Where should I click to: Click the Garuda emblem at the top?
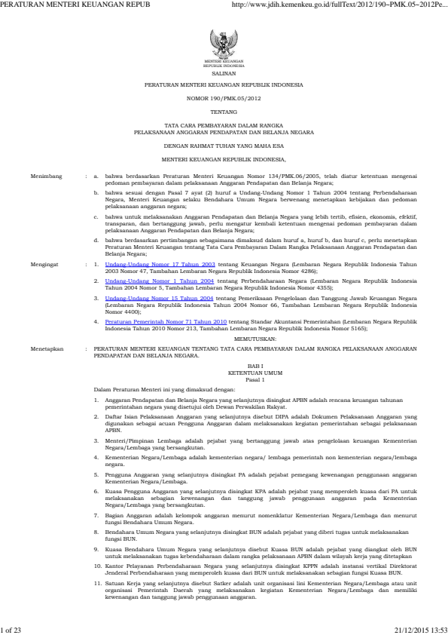pyautogui.click(x=224, y=42)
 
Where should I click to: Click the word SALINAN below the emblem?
pyautogui.click(x=224, y=75)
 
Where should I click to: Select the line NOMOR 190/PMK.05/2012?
pyautogui.click(x=224, y=99)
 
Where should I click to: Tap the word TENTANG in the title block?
pyautogui.click(x=224, y=112)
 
